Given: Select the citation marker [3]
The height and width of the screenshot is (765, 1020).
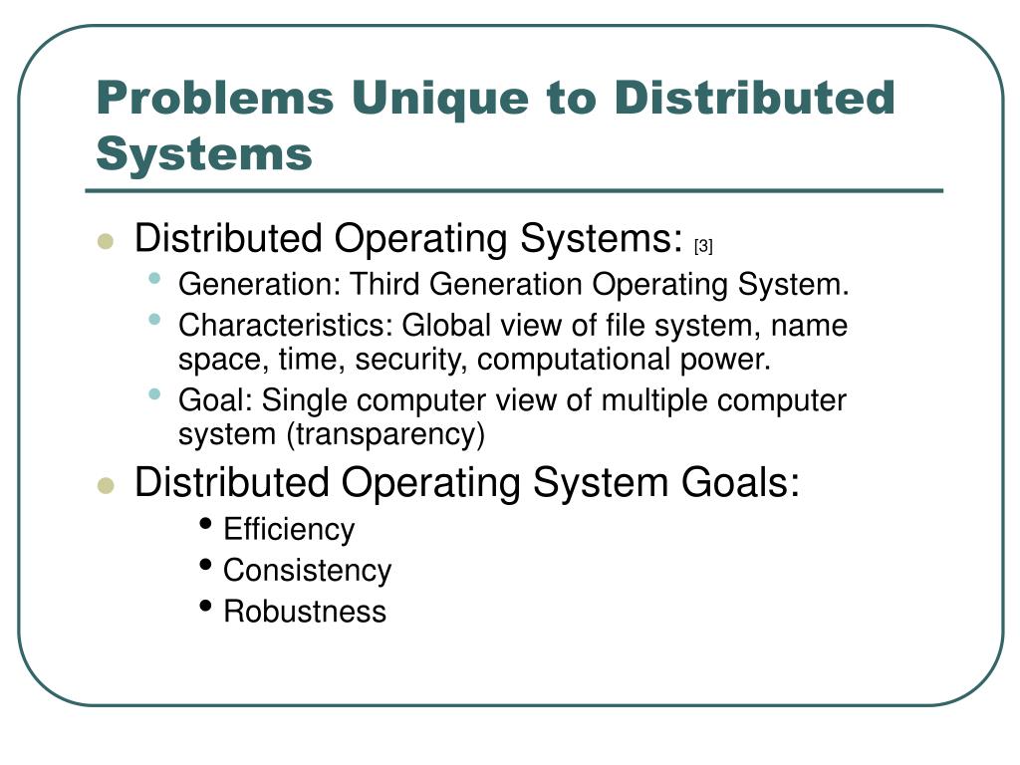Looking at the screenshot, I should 704,245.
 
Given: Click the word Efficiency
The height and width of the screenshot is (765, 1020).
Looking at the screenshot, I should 289,529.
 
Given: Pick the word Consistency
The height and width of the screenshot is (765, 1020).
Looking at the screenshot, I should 307,571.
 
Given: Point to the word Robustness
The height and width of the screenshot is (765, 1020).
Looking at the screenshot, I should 304,611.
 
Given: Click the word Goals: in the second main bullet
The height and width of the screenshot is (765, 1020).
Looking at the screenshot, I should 741,483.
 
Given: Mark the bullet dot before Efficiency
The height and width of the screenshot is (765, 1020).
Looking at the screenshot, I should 206,524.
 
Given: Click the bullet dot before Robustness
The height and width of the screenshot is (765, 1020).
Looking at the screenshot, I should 206,606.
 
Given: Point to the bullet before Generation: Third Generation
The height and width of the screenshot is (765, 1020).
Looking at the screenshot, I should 154,279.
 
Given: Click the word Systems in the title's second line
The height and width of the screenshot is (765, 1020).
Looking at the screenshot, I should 204,154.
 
